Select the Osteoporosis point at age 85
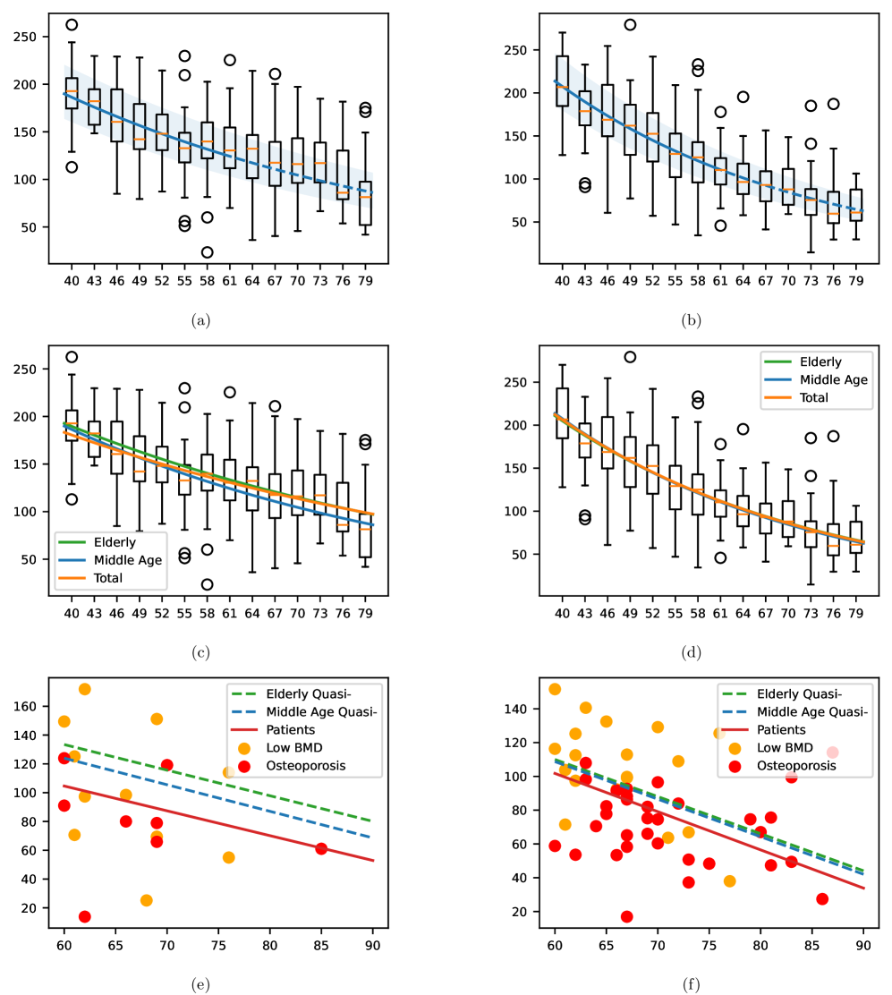[321, 848]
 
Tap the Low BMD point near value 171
[84, 689]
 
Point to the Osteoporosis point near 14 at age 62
[84, 916]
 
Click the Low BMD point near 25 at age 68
[146, 900]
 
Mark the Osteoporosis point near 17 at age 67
[626, 916]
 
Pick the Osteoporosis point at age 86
[822, 898]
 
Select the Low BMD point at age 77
[729, 881]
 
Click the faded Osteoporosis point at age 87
[832, 753]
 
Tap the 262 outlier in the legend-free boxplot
[72, 25]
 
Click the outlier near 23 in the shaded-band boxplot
[207, 252]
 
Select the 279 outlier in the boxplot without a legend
[630, 25]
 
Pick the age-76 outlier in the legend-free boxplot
[833, 104]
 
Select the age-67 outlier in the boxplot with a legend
[276, 406]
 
